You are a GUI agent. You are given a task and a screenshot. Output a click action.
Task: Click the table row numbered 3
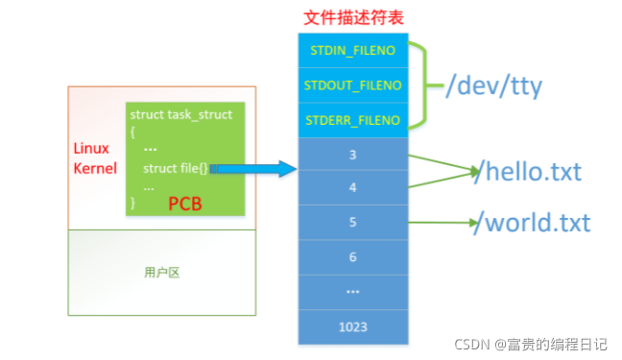(x=353, y=155)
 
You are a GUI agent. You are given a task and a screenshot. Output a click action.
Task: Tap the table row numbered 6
(x=353, y=257)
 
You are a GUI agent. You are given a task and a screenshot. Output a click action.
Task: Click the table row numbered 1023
(x=353, y=326)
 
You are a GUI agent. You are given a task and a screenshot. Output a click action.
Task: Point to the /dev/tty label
(x=494, y=86)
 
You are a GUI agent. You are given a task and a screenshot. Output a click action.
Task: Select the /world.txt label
(x=534, y=224)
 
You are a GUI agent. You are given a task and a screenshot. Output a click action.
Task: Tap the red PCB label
(x=186, y=203)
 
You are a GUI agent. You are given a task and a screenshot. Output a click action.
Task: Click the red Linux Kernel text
(x=92, y=158)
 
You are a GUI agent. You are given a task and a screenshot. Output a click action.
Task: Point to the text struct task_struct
(x=181, y=114)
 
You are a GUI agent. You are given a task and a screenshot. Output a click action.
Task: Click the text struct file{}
(x=175, y=169)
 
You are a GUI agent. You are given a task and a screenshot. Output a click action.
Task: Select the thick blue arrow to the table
(x=254, y=170)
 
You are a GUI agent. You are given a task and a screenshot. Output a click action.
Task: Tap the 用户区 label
(x=162, y=272)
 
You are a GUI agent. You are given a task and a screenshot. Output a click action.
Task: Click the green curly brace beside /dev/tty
(x=428, y=85)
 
